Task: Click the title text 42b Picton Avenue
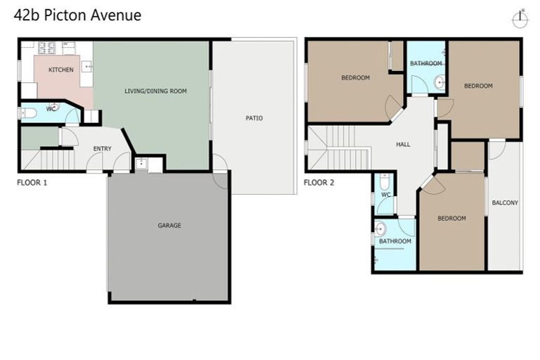[x=78, y=15]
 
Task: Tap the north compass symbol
[x=520, y=19]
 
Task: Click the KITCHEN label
[x=60, y=70]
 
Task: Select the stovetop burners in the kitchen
[x=48, y=48]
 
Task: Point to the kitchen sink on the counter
[x=86, y=67]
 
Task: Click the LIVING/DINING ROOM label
[x=155, y=91]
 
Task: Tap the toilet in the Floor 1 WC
[x=29, y=112]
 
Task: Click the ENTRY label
[x=103, y=148]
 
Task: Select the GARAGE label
[x=169, y=226]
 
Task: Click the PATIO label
[x=254, y=118]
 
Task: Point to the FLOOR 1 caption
[x=32, y=182]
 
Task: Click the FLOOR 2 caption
[x=319, y=182]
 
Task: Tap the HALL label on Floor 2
[x=403, y=144]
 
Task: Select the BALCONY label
[x=504, y=202]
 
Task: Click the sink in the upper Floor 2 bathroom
[x=439, y=82]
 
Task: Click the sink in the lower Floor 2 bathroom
[x=380, y=229]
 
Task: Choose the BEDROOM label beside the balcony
[x=451, y=218]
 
